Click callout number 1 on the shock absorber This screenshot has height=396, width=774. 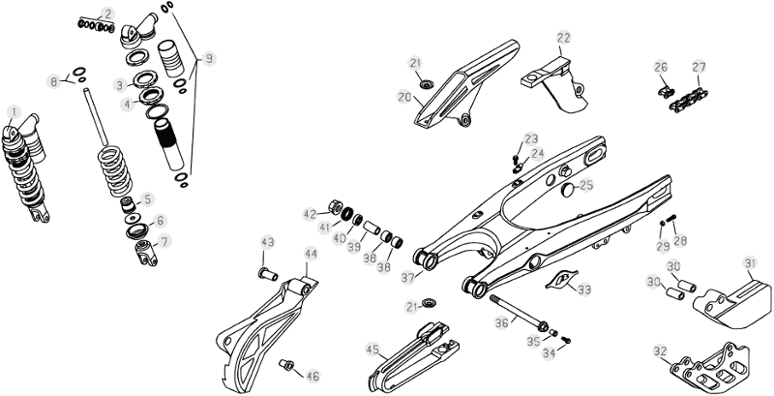click(x=13, y=111)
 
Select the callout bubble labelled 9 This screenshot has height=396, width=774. click(x=209, y=59)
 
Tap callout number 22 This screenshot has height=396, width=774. click(x=564, y=39)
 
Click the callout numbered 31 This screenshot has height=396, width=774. click(x=749, y=261)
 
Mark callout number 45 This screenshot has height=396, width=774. click(x=372, y=350)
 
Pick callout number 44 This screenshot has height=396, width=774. click(x=311, y=255)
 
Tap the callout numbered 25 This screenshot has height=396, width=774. click(x=585, y=186)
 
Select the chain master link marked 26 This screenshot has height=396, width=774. click(x=661, y=92)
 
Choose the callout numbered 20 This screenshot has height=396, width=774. click(x=404, y=97)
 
